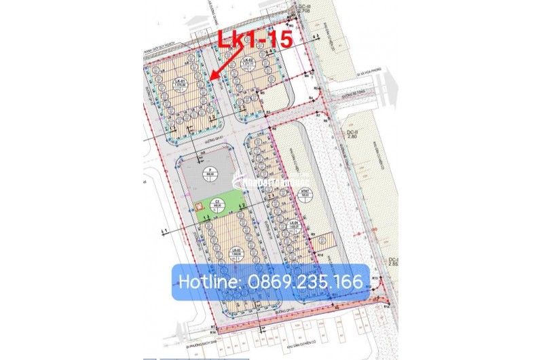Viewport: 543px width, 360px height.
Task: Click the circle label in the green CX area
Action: pyautogui.click(x=219, y=202)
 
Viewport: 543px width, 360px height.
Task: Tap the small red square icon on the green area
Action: pyautogui.click(x=199, y=207)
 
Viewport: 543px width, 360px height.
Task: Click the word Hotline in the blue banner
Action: pyautogui.click(x=204, y=281)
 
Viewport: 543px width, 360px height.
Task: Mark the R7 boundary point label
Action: pyautogui.click(x=318, y=116)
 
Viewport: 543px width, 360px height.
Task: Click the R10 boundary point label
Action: pyautogui.click(x=318, y=253)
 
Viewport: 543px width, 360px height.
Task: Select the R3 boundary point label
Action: pyautogui.click(x=269, y=112)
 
